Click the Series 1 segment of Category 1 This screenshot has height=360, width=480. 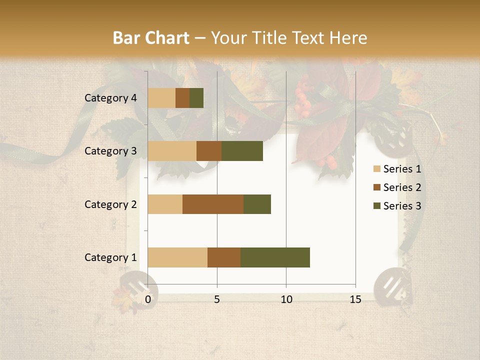pos(177,257)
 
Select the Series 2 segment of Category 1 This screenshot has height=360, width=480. pos(224,257)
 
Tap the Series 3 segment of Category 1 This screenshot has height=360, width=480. pos(275,257)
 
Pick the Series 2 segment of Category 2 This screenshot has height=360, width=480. pos(213,204)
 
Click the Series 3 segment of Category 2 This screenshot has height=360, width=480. pos(257,204)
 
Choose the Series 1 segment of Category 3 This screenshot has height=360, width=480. pos(172,151)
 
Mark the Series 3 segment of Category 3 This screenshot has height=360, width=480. pos(242,151)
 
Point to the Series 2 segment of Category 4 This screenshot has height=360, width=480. pos(182,98)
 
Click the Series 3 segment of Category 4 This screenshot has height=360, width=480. pos(196,98)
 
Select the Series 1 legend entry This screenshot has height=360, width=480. pos(397,169)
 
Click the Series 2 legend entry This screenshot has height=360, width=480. pos(397,187)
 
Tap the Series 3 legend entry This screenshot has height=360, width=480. pos(397,206)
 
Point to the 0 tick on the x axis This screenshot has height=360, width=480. pos(148,299)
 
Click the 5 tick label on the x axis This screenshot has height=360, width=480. pos(217,299)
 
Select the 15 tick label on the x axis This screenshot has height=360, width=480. pos(355,299)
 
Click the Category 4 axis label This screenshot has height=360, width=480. pos(110,98)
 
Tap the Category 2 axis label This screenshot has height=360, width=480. pos(110,204)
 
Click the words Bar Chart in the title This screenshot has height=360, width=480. pos(151,38)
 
